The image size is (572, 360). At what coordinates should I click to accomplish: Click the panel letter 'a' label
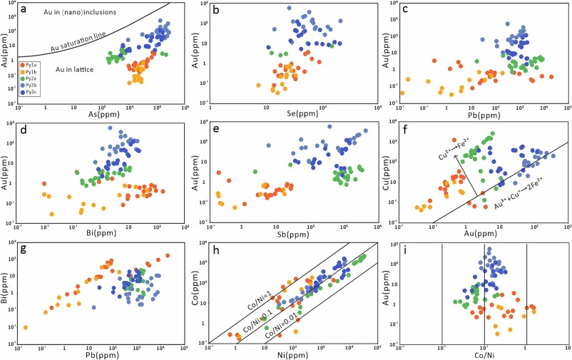24,9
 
